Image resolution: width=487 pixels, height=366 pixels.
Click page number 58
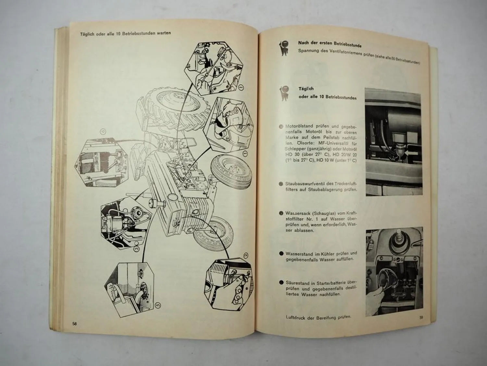tap(75, 324)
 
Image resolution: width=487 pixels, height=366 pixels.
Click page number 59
tap(421, 318)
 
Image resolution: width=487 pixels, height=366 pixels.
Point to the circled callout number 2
tap(245, 256)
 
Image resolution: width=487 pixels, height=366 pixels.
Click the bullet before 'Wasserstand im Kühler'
tap(281, 254)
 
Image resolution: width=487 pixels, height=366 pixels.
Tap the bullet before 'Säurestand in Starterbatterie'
tap(281, 283)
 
